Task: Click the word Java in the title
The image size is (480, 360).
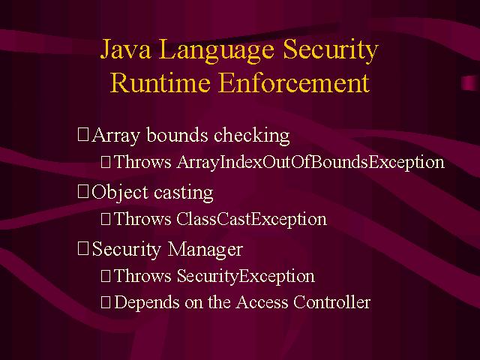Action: pos(125,49)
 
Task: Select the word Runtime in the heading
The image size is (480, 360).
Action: pos(160,82)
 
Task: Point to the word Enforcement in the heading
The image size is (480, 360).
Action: pos(294,82)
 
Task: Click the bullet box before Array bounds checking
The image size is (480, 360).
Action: pos(83,135)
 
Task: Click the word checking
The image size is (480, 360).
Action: pos(252,136)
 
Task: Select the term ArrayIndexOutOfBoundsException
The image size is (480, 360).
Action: pos(310,162)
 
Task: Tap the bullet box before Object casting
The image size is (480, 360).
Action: pos(83,192)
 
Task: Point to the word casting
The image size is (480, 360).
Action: pos(183,193)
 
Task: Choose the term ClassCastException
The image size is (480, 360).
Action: pos(252,219)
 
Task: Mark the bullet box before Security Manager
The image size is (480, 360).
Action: pos(83,248)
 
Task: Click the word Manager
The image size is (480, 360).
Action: pos(205,250)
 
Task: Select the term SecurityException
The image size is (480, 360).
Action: pos(246,276)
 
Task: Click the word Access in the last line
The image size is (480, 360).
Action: pos(262,302)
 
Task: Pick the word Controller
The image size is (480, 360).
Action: pos(331,302)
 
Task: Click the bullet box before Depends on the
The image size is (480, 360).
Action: pos(106,302)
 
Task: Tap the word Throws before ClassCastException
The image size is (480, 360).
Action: pos(142,219)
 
